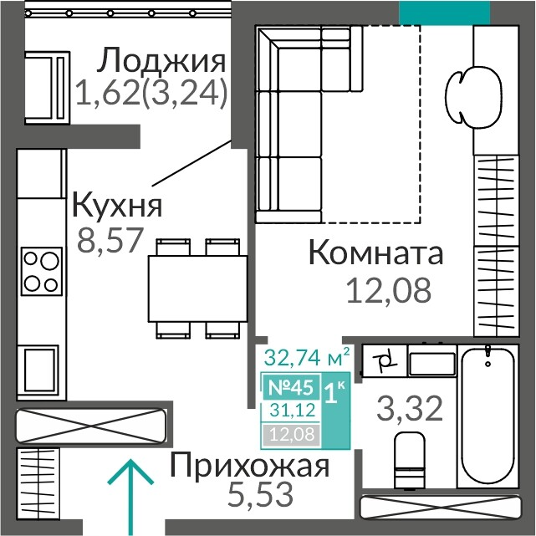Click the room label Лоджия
(161, 61)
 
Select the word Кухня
(117, 205)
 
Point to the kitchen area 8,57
(110, 241)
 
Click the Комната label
(376, 253)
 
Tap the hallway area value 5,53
(261, 494)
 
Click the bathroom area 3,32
(410, 409)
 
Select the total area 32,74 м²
(307, 358)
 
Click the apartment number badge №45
(291, 388)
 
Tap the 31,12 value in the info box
(293, 410)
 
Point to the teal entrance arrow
(130, 498)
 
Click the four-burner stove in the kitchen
(42, 271)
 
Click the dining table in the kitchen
(197, 288)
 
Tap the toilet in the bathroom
(409, 460)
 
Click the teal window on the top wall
(444, 13)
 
